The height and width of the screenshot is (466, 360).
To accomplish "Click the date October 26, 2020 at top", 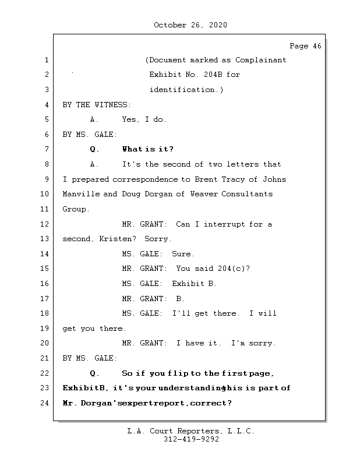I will click(x=190, y=25).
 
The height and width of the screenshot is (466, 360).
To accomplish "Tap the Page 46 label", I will click(x=305, y=46).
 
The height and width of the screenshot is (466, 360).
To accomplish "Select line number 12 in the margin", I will click(x=45, y=224).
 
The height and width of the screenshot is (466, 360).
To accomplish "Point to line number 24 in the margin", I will click(x=45, y=403).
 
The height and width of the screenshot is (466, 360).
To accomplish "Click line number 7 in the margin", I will click(x=45, y=150).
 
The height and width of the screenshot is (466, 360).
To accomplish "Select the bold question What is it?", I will click(x=148, y=150).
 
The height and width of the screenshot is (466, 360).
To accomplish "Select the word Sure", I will click(x=183, y=254).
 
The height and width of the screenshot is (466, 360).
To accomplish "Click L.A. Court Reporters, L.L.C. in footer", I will click(x=190, y=432).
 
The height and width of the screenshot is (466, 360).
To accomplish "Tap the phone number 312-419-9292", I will click(x=190, y=440).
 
